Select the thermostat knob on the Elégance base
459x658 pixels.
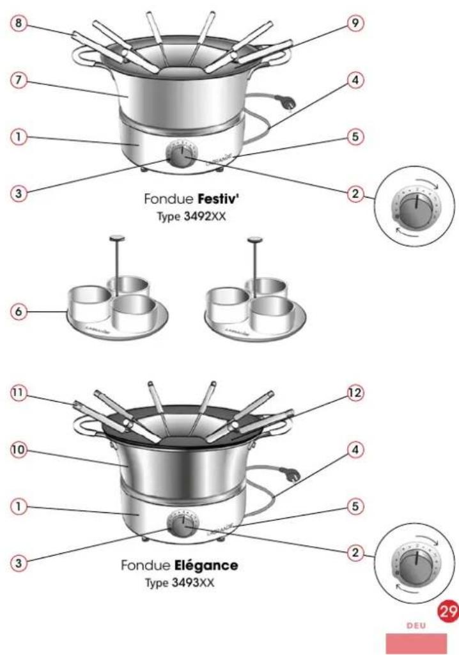pyautogui.click(x=181, y=524)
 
